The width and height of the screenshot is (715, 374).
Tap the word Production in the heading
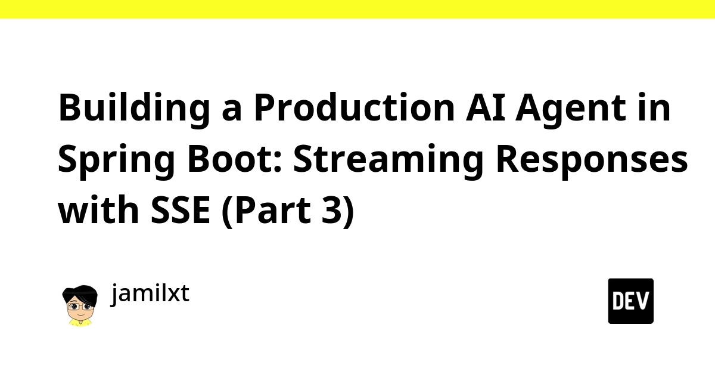click(355, 107)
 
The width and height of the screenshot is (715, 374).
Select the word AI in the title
click(486, 108)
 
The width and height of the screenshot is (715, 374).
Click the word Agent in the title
click(571, 110)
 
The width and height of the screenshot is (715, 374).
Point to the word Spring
click(116, 162)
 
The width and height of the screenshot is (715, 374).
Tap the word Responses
click(592, 162)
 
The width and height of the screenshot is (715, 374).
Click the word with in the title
click(98, 210)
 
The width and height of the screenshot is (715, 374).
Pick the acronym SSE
click(181, 211)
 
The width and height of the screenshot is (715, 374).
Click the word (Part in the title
click(266, 211)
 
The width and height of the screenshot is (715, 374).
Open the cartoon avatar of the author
click(80, 305)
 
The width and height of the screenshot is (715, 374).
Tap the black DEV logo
click(631, 301)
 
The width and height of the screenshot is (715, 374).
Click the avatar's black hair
click(80, 292)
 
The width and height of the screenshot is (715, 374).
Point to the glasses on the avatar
click(80, 306)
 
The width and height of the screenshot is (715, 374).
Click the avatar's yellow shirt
click(80, 323)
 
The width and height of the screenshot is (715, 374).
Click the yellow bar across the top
click(357, 9)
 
